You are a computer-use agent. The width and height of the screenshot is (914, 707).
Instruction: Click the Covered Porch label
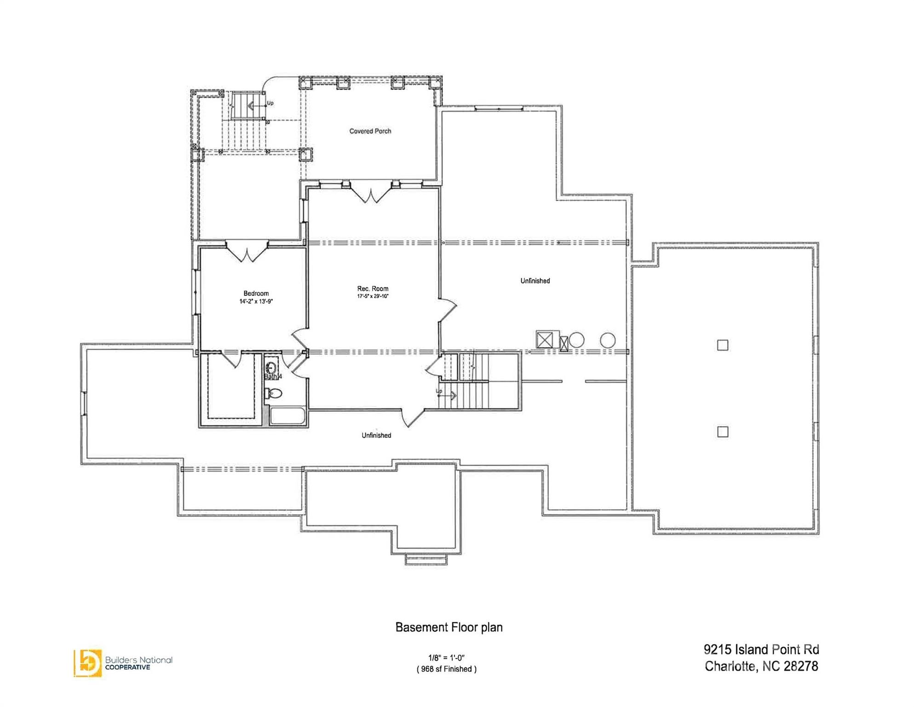[370, 131]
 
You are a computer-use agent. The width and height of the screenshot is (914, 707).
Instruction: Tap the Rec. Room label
[373, 289]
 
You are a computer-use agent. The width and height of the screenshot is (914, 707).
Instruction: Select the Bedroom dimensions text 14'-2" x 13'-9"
[256, 301]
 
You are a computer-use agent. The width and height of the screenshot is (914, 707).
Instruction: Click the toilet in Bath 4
[275, 394]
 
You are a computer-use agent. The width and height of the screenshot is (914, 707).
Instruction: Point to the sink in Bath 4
[271, 368]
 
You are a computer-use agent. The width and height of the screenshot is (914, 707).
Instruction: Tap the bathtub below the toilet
[287, 416]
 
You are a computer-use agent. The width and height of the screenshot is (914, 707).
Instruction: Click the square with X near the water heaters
[545, 340]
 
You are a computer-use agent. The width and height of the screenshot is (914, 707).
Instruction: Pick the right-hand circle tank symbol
[607, 340]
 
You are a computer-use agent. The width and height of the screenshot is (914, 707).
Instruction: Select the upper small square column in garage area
[723, 345]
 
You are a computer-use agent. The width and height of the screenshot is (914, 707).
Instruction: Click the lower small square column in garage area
[723, 432]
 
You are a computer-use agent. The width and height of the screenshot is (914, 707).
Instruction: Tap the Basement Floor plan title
[449, 627]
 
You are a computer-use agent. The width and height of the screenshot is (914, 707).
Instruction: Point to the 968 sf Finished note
[446, 669]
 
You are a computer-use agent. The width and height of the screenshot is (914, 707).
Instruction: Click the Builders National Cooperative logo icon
[87, 663]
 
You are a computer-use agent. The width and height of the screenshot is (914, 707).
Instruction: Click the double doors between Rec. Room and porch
[371, 193]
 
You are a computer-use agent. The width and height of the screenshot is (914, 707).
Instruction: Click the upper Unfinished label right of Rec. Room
[535, 281]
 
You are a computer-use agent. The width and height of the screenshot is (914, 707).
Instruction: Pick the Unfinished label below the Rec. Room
[376, 435]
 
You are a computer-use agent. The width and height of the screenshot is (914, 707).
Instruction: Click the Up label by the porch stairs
[270, 103]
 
